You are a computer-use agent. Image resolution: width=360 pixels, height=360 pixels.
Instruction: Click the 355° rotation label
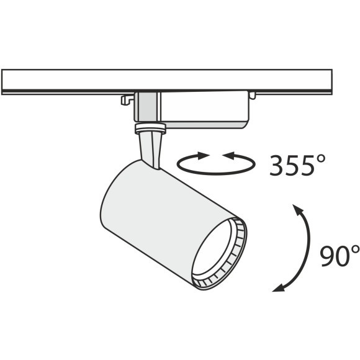click(297, 165)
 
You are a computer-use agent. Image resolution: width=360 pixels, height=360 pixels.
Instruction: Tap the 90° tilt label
click(340, 256)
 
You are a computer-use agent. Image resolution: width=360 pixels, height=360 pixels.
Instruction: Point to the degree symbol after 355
click(320, 160)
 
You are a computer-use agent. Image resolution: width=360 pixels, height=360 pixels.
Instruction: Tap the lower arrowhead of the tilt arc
click(279, 287)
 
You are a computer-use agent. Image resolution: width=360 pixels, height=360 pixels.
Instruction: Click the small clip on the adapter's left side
click(127, 100)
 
